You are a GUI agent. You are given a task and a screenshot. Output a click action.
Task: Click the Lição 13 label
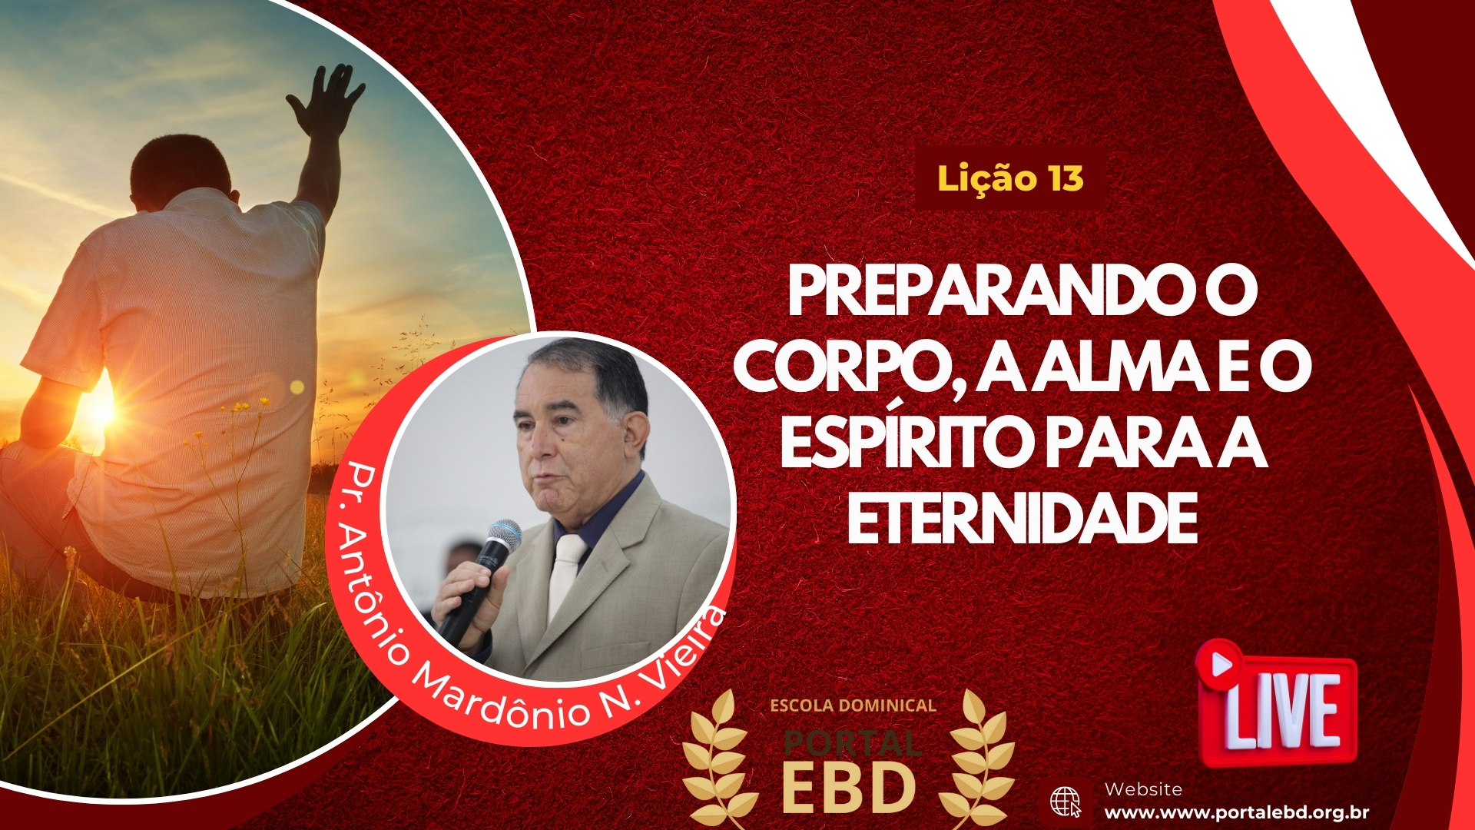[x=1010, y=179]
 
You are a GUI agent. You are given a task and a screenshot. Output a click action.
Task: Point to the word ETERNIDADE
[x=1023, y=519]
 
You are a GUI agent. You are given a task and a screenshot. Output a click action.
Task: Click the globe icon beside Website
[x=1066, y=802]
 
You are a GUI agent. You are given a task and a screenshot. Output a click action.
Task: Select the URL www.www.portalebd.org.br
[x=1236, y=813]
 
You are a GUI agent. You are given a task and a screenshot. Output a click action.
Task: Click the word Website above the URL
[x=1143, y=789]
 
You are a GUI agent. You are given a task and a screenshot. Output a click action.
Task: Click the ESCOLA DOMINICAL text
[x=853, y=705]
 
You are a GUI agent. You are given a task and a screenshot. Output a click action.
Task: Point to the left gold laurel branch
[x=716, y=761]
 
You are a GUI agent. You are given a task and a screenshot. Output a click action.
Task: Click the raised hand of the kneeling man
[x=326, y=100]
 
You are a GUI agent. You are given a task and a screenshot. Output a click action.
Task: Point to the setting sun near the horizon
[x=101, y=412]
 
